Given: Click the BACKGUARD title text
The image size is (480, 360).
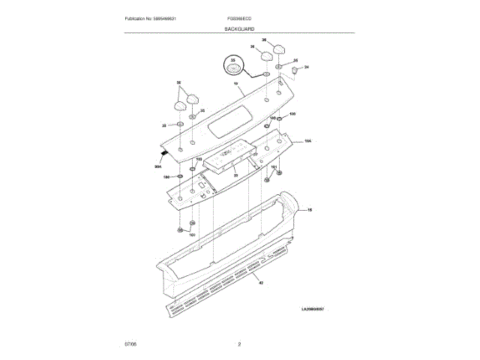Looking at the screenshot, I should [239, 28].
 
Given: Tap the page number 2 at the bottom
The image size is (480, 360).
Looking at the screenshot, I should [239, 344].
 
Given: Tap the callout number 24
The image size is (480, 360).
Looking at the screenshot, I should [306, 67].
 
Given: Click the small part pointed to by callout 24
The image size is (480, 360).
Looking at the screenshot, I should [295, 72].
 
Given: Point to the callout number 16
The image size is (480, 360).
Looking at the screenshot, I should [310, 211].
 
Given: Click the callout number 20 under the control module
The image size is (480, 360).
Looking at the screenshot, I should [235, 175].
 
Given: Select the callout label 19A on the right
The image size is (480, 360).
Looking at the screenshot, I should [307, 140].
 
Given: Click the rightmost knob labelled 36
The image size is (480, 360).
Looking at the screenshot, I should [280, 49].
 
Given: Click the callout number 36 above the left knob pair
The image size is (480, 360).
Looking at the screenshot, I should [178, 82].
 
